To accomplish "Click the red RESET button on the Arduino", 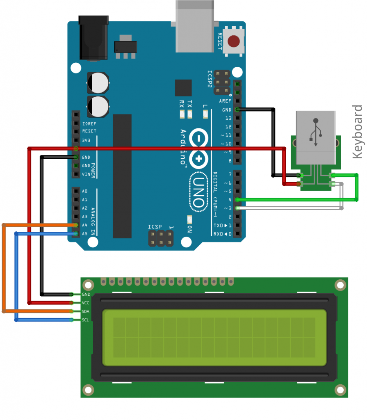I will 234,41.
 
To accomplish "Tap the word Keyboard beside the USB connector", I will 358,132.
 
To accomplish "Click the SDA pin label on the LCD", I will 86,311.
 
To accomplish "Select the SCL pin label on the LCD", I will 85,320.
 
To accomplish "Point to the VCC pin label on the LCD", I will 86,303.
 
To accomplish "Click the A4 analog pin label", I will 85,225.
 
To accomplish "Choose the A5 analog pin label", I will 85,234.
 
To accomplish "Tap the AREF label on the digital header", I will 225,101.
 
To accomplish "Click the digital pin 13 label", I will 228,118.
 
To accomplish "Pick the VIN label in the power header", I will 86,174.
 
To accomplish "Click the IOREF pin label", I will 89,123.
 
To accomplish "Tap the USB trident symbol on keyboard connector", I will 316,130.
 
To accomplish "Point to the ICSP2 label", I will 210,79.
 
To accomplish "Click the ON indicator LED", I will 189,219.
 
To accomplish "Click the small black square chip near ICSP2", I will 183,88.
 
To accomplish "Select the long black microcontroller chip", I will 122,176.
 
